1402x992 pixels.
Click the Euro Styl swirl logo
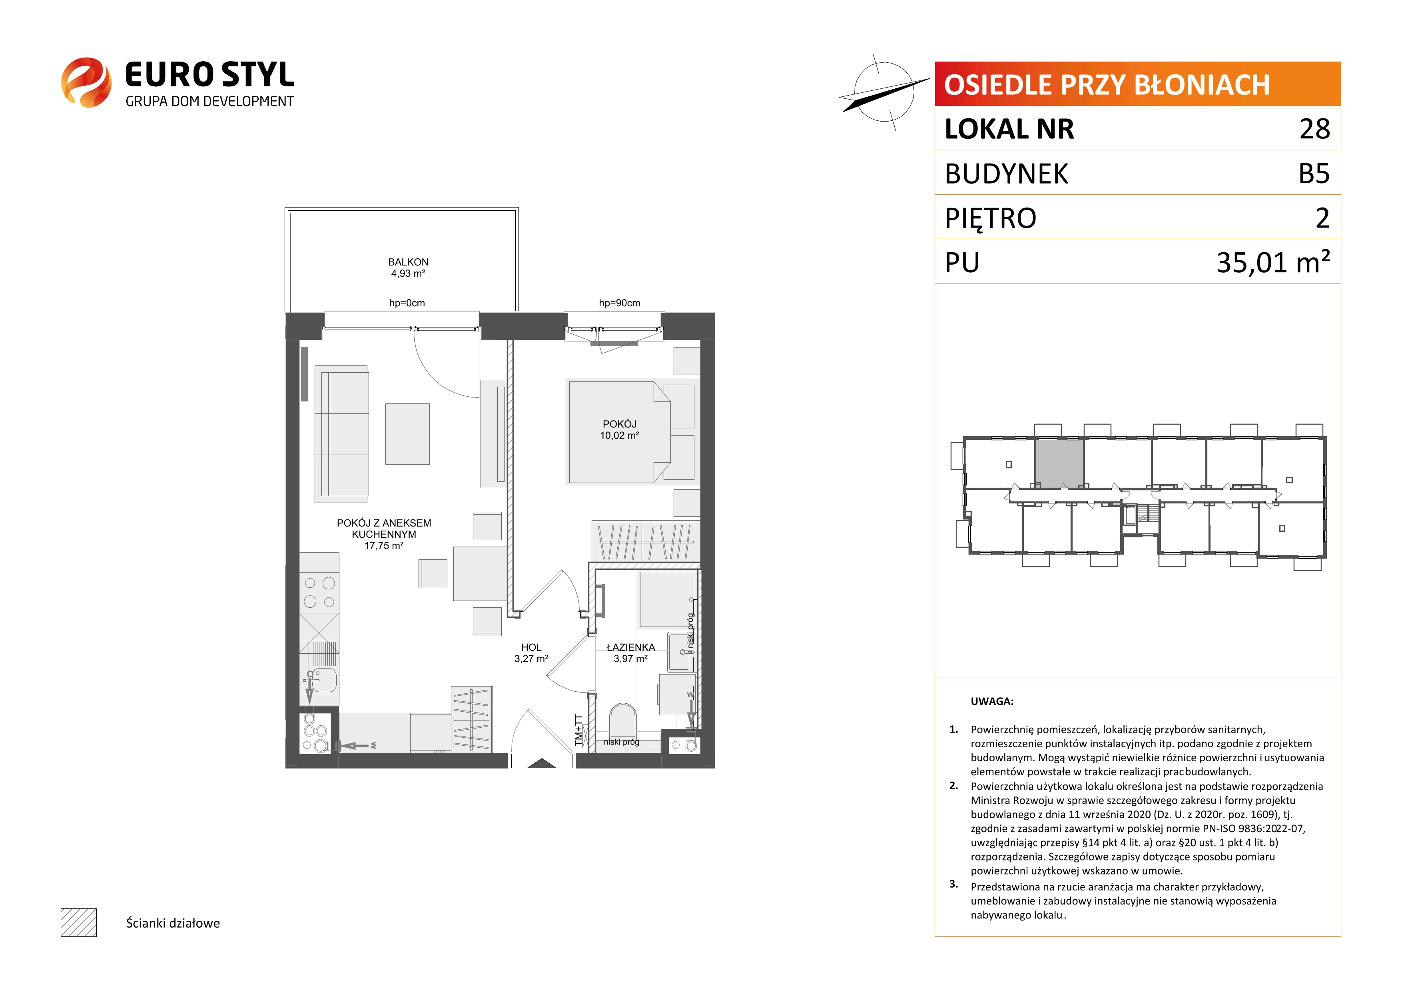[x=86, y=82]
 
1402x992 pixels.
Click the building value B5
[x=1314, y=174]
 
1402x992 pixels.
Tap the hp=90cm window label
[x=619, y=303]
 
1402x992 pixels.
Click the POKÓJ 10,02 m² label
[x=619, y=429]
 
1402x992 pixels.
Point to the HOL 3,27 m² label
[x=531, y=653]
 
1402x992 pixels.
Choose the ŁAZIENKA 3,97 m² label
[x=631, y=653]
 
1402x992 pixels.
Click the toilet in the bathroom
[x=623, y=721]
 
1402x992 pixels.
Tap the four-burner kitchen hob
[x=319, y=593]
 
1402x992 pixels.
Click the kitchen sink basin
[x=324, y=680]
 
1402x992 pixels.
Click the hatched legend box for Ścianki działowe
[x=79, y=922]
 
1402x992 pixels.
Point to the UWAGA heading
[x=992, y=701]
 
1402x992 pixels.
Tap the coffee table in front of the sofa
[x=407, y=434]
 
